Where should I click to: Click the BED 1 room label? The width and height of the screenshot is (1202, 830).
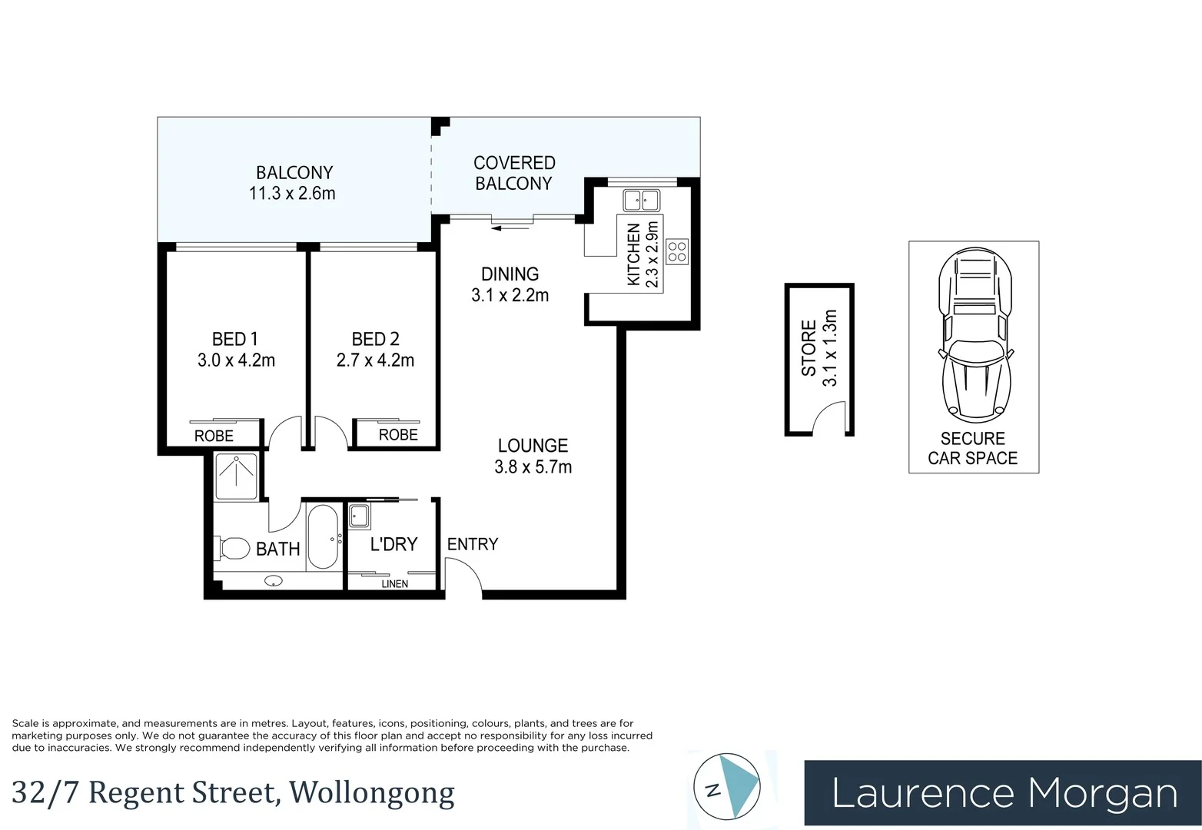(235, 339)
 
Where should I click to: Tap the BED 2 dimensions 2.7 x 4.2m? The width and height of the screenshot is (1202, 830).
(375, 360)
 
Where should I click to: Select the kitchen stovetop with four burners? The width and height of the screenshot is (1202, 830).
(677, 252)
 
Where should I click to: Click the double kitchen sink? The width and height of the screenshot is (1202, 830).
(641, 200)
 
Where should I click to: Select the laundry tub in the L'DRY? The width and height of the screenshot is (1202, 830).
(359, 516)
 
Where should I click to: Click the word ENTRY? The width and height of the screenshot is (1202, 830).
(472, 544)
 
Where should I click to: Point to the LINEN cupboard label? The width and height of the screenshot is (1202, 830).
(394, 584)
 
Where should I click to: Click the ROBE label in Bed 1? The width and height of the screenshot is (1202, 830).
(214, 436)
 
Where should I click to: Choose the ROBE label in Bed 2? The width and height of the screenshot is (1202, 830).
(398, 435)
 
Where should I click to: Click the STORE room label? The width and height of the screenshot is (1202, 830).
(809, 349)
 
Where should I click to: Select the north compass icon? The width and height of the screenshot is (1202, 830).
(727, 787)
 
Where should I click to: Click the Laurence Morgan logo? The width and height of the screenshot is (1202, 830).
(1002, 793)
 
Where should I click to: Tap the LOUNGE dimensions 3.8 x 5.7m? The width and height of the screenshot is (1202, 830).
(533, 467)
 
